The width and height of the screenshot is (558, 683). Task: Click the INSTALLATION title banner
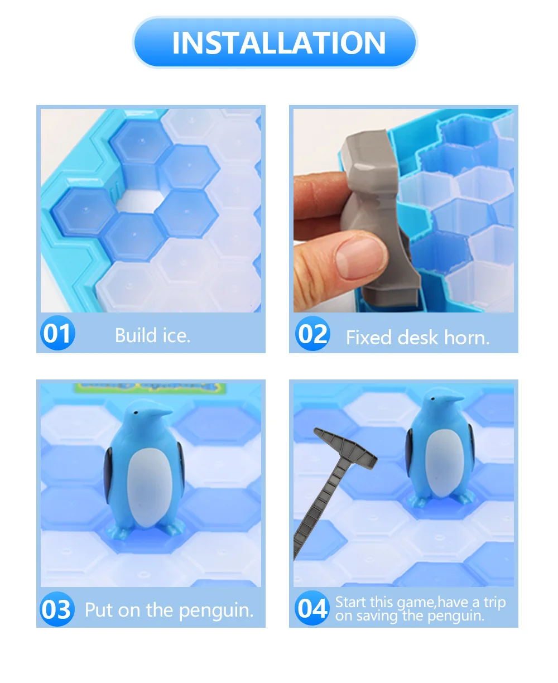click(275, 42)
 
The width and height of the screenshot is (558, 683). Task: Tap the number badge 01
click(57, 333)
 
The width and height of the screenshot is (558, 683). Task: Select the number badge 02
click(313, 333)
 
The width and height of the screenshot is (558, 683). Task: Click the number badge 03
click(57, 609)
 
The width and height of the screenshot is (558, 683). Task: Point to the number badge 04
click(312, 608)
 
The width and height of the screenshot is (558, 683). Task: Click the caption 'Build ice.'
click(152, 335)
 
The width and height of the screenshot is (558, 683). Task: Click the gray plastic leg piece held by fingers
click(381, 217)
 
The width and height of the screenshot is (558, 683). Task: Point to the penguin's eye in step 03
click(136, 412)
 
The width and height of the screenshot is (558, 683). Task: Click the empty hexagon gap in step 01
click(140, 201)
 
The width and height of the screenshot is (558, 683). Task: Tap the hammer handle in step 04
click(317, 508)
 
